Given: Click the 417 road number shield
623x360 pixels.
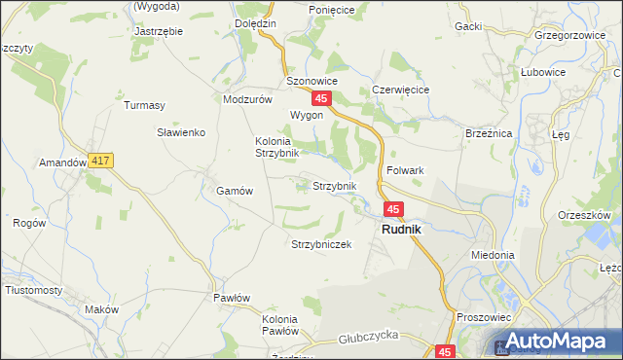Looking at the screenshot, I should click(100, 160).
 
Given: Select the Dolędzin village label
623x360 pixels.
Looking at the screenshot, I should click(256, 22).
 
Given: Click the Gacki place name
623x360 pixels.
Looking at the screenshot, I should click(468, 26).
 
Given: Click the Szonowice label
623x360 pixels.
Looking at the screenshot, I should click(311, 81).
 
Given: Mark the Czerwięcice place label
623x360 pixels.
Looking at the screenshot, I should click(401, 90).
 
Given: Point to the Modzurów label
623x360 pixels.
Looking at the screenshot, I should click(246, 99).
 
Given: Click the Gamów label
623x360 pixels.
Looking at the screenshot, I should click(235, 192).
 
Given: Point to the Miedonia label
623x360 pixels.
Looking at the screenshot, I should click(492, 255).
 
